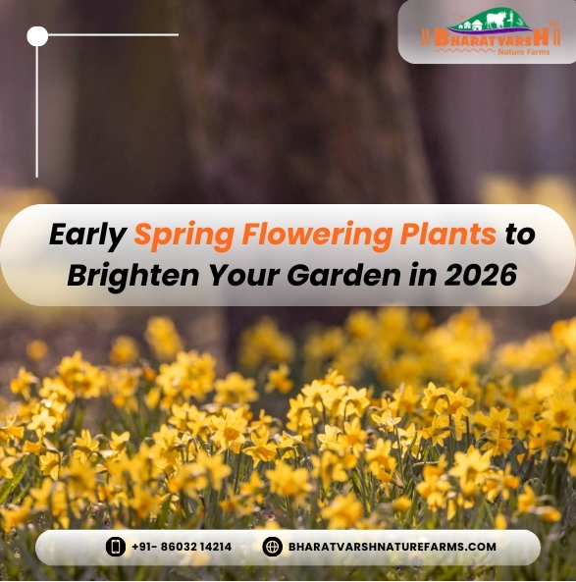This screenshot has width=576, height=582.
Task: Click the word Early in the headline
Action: (87, 236)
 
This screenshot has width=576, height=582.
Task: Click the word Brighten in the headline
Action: (119, 277)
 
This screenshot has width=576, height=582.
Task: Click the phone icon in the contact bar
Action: (116, 547)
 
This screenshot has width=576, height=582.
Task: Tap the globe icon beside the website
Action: (273, 547)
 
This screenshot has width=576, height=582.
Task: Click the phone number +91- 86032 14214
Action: (182, 547)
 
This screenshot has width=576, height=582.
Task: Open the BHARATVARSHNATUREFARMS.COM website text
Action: (393, 547)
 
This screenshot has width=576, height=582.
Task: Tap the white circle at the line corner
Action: (37, 36)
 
